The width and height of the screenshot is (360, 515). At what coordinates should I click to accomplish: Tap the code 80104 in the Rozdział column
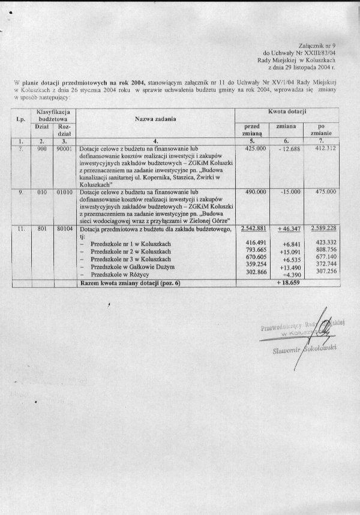[64, 228]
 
